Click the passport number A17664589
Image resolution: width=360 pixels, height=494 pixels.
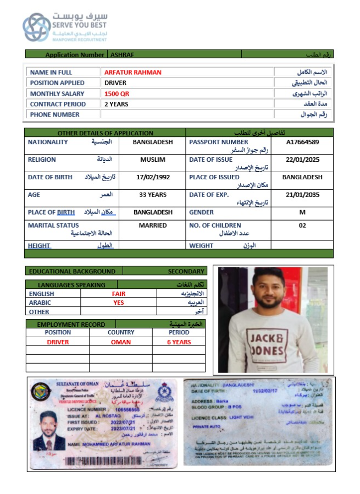tap(302, 142)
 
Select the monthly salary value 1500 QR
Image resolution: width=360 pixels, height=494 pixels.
tap(117, 94)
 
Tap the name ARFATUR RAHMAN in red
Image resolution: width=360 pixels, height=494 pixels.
tap(132, 72)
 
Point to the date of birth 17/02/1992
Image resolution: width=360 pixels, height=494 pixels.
tap(153, 177)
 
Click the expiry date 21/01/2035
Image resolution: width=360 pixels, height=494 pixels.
tap(302, 195)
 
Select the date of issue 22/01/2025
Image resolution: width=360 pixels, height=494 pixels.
tap(302, 160)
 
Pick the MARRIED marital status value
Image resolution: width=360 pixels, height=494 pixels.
tap(153, 226)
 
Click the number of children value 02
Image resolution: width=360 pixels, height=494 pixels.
tap(302, 226)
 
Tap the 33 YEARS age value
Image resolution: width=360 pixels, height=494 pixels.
tap(153, 195)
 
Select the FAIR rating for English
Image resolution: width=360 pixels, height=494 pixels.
tap(119, 294)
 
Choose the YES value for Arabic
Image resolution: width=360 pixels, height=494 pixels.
tap(119, 303)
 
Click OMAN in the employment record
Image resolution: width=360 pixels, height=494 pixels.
tap(121, 342)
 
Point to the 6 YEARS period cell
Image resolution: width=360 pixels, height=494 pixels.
tap(179, 342)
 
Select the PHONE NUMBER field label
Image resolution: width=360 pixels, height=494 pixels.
tap(54, 114)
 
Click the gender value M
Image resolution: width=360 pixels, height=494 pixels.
tap(302, 212)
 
